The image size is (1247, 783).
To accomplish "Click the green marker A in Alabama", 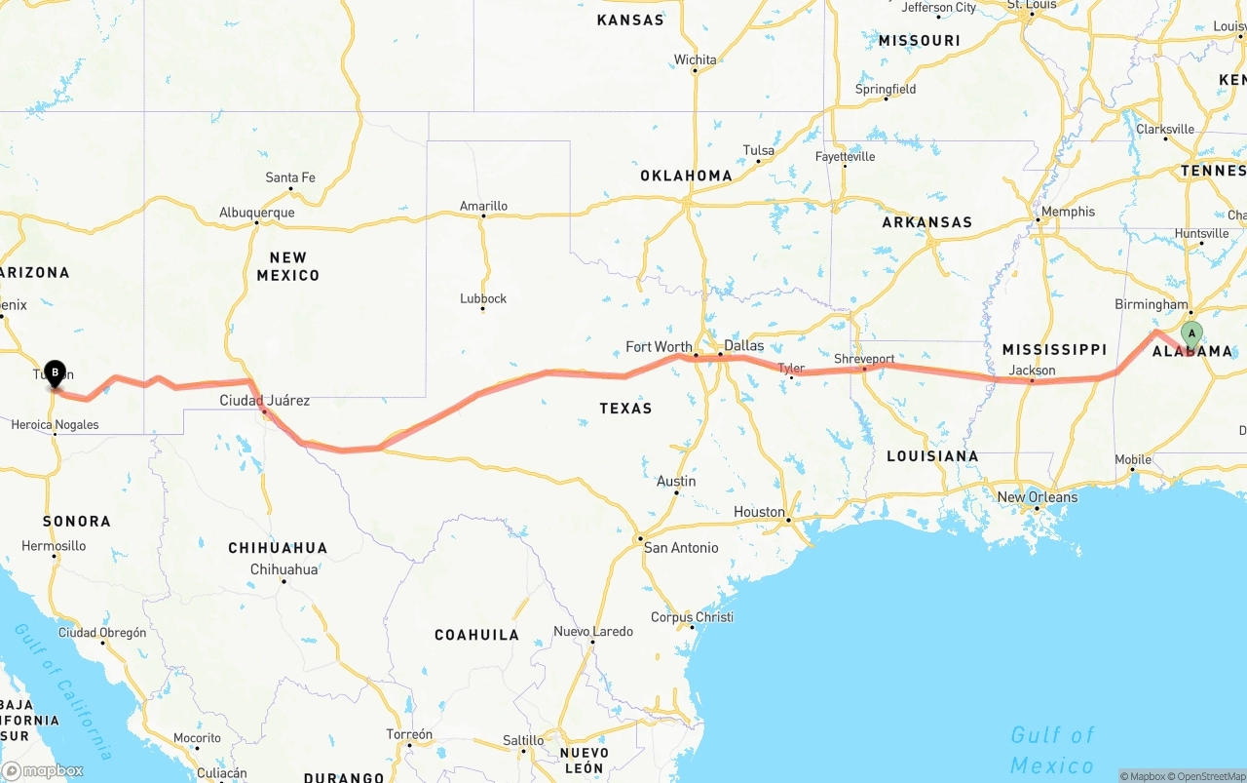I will (1190, 334).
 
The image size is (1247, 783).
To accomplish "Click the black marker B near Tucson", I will (56, 372).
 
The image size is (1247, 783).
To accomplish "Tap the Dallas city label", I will (744, 346).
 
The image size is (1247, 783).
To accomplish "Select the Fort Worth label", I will (659, 347).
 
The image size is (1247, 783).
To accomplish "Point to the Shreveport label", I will (864, 359).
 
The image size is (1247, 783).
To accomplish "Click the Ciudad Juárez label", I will (265, 400).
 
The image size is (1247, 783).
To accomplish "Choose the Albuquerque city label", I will (256, 213).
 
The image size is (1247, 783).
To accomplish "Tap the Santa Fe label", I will (290, 177).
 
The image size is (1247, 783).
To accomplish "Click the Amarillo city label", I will (483, 206).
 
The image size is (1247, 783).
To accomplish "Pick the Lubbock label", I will (483, 298).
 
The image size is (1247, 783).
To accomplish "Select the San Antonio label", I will (681, 548).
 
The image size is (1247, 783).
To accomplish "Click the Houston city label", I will (759, 512).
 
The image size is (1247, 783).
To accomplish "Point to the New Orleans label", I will (1038, 497).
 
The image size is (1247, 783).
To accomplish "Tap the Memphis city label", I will (1068, 212).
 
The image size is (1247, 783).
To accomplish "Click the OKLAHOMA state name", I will (686, 176).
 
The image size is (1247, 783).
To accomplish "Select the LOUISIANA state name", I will (932, 456).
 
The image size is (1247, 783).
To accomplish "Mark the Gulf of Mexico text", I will (1052, 749).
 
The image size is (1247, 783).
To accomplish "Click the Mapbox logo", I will (43, 770).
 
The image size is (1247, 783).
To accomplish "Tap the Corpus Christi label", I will (692, 617).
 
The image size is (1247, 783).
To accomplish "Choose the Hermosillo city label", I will (54, 546).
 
